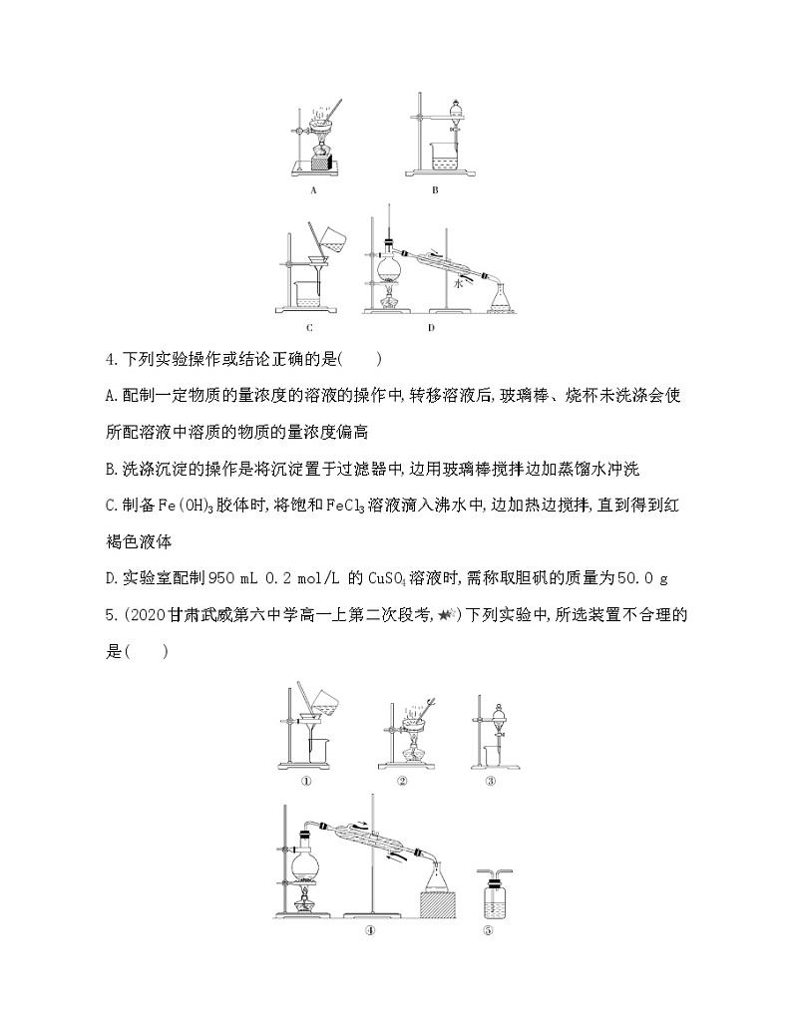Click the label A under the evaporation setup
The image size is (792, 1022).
coord(313,187)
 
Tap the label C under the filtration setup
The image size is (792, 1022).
coord(311,326)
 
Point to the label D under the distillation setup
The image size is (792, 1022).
coord(431,326)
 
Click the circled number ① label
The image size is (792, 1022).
coord(307,781)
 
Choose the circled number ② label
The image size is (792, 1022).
coord(401,781)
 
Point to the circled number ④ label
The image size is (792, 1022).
coord(369,931)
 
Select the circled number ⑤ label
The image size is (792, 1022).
coord(489,931)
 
